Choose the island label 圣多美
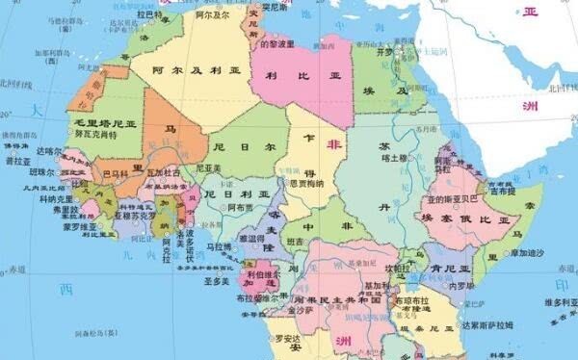(215, 282)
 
